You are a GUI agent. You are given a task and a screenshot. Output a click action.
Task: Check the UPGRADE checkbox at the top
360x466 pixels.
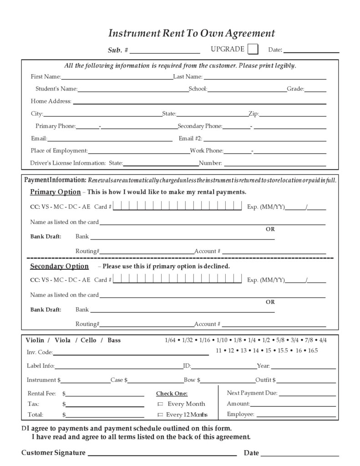[253, 49]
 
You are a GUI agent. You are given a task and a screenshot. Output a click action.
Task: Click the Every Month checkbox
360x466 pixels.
[160, 404]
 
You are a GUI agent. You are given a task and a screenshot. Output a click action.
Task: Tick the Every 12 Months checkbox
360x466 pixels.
[160, 415]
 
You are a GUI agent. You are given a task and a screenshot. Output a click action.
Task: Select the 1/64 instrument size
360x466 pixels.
[171, 340]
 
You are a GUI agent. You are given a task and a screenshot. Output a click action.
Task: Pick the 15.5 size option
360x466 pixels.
[283, 350]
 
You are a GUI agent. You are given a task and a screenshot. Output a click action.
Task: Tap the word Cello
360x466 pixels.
[89, 340]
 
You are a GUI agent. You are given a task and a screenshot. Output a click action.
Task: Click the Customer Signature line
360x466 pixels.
[162, 453]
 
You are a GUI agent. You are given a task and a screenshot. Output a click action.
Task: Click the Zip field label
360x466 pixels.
[254, 114]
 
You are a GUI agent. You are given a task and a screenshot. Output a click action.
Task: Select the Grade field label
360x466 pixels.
[295, 89]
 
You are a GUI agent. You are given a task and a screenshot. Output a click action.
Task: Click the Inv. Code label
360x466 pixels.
[40, 352]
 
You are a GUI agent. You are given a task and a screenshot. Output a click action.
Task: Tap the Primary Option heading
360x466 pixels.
[55, 192]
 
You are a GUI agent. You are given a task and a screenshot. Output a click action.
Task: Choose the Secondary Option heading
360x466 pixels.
[59, 266]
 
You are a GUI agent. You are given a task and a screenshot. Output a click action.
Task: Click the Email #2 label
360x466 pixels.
[191, 138]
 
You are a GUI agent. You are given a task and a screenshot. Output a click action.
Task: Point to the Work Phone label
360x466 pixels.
[207, 151]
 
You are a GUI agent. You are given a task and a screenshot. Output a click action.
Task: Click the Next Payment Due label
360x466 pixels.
[252, 393]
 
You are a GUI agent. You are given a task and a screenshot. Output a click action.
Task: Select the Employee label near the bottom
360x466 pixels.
[240, 415]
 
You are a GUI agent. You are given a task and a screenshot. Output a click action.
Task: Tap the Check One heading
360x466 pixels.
[172, 394]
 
